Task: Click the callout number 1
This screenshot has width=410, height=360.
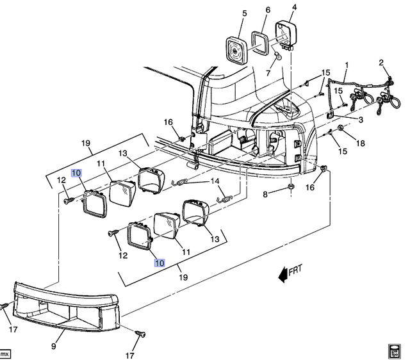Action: (347, 65)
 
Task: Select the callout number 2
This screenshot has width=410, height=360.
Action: (381, 62)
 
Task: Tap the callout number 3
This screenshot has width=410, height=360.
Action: (360, 120)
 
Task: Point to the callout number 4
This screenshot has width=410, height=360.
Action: (294, 8)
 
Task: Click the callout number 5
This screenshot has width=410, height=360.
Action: (244, 13)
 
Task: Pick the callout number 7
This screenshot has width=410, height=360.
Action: (268, 10)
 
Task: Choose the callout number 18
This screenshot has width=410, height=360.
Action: (360, 143)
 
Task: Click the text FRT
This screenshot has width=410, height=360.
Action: (295, 272)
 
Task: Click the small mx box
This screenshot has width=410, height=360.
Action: (5, 353)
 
